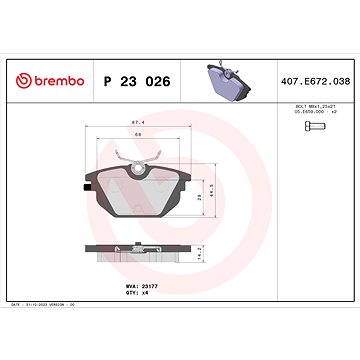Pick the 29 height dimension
tap(199, 199)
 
